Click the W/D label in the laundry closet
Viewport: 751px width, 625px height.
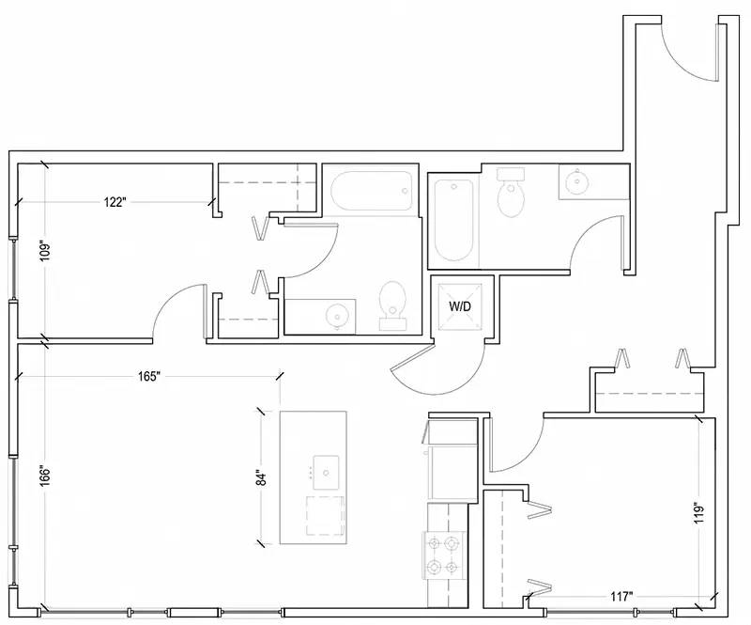pyautogui.click(x=459, y=306)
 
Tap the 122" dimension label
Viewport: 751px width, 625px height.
pyautogui.click(x=115, y=202)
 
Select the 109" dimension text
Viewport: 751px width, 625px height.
pyautogui.click(x=45, y=252)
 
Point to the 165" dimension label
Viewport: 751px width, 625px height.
pyautogui.click(x=148, y=377)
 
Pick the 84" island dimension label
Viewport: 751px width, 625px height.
pyautogui.click(x=261, y=477)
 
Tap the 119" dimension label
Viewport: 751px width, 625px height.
pyautogui.click(x=700, y=513)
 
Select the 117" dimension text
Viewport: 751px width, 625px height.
pyautogui.click(x=622, y=597)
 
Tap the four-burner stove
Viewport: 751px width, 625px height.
pyautogui.click(x=443, y=555)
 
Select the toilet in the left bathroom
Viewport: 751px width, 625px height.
pyautogui.click(x=392, y=305)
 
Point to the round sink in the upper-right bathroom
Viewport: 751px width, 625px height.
pyautogui.click(x=576, y=181)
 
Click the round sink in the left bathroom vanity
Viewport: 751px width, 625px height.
pyautogui.click(x=337, y=316)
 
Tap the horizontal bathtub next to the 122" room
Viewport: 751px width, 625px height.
pyautogui.click(x=371, y=191)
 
